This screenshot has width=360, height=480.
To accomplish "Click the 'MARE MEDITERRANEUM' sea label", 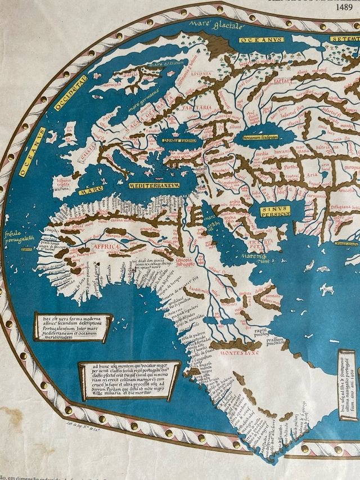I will coord(153,185).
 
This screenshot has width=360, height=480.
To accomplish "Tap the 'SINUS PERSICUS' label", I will coord(275,211).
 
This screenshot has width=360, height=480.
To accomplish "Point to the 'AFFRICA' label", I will coord(106,247).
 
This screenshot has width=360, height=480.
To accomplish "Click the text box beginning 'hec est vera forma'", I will coord(72,326).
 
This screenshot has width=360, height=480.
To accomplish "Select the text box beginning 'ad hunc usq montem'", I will coord(129,380).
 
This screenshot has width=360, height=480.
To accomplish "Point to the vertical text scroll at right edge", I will coord(347,385).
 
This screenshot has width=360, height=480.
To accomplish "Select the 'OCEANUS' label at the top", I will coord(260,40).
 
